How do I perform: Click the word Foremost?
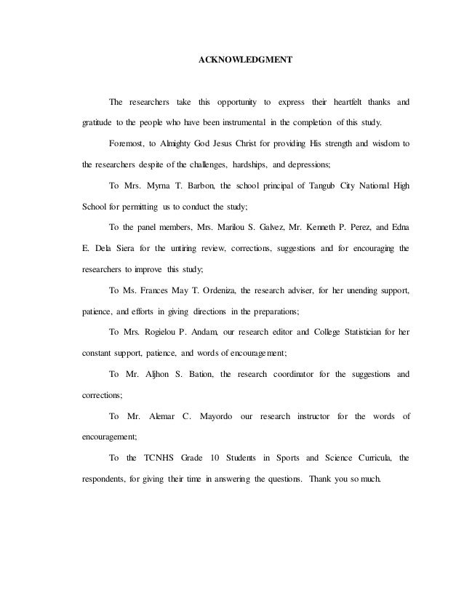[126, 143]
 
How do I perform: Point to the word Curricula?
[369, 458]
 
